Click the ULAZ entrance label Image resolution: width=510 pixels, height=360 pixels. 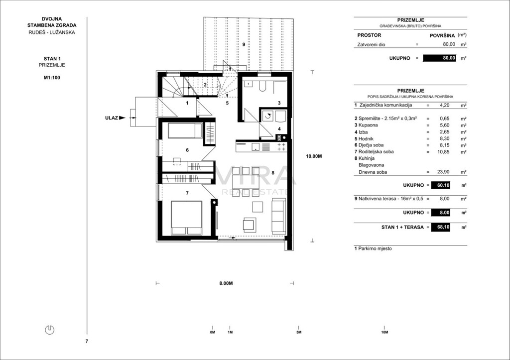(x=111, y=118)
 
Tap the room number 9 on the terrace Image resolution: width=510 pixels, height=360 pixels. (x=244, y=44)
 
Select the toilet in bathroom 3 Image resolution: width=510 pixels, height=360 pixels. (x=262, y=86)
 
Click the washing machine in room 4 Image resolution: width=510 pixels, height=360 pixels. (x=267, y=116)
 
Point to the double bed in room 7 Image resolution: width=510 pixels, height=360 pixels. (x=186, y=218)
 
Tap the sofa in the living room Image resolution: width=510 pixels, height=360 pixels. (x=279, y=216)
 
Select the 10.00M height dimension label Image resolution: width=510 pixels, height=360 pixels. (x=314, y=156)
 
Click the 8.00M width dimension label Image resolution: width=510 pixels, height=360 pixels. (x=226, y=283)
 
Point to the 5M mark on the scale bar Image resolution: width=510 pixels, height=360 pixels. (x=299, y=332)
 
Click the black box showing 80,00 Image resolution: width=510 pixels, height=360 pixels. (x=439, y=58)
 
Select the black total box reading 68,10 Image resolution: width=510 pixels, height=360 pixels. (x=441, y=227)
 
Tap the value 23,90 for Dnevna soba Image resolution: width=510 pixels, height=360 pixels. (x=443, y=172)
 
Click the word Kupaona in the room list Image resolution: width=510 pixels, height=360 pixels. (x=368, y=125)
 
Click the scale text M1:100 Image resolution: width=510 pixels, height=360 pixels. (x=52, y=78)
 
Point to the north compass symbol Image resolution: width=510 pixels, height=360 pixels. (x=49, y=330)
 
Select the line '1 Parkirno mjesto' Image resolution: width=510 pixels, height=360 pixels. (x=373, y=248)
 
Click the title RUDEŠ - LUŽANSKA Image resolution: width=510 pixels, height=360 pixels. (x=52, y=32)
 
